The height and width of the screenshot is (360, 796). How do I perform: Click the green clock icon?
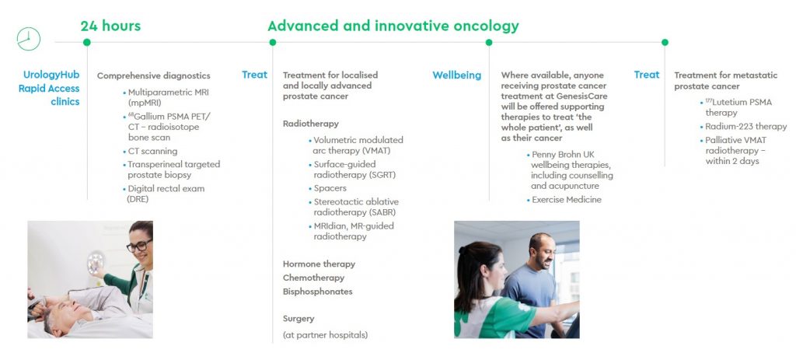tap(29, 39)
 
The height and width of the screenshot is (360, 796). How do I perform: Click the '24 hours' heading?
tap(110, 26)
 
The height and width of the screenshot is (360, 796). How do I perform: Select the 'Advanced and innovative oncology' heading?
tap(393, 26)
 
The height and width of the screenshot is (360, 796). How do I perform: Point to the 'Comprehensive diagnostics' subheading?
tap(153, 75)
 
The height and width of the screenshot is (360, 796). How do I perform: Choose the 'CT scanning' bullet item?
tap(152, 151)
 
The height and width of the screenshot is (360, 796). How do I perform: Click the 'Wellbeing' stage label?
tap(456, 75)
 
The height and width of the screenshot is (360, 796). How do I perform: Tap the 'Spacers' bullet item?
tap(330, 188)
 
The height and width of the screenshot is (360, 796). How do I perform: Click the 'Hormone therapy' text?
tap(319, 264)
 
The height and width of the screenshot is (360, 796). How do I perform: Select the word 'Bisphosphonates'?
tap(317, 292)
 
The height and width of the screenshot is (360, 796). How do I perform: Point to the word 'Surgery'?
tap(298, 319)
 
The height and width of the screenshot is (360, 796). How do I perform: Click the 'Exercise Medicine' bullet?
tap(566, 200)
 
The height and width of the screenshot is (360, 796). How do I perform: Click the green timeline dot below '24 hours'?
tap(86, 42)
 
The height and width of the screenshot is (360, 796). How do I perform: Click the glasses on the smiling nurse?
tap(137, 246)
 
